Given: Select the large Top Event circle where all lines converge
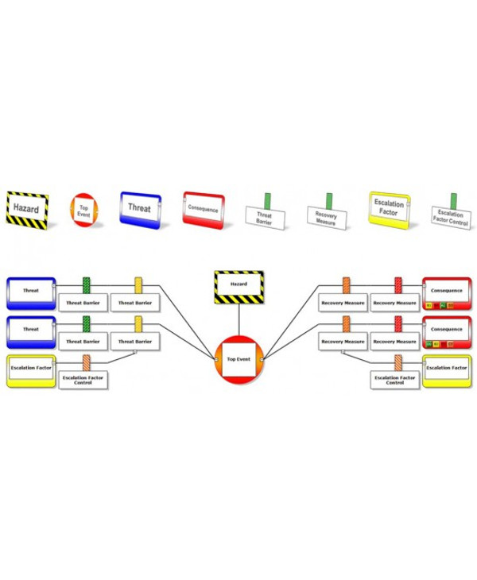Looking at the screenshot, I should pos(238,359).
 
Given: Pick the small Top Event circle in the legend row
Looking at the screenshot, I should pos(83,208).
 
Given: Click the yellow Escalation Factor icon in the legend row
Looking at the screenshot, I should pos(389,211).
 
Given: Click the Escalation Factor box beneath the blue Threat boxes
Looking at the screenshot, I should pos(30,371).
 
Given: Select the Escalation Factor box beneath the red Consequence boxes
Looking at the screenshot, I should pos(447,371).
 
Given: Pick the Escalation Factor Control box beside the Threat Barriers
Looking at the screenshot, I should pos(85,381).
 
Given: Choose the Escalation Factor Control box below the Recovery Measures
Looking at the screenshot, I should pos(396,381).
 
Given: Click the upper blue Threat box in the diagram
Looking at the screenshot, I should pos(30,292).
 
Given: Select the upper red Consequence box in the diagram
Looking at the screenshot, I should pos(447,292).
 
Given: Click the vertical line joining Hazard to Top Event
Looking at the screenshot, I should pos(238,321).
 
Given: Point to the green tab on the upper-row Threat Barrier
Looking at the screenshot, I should pos(87,284).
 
